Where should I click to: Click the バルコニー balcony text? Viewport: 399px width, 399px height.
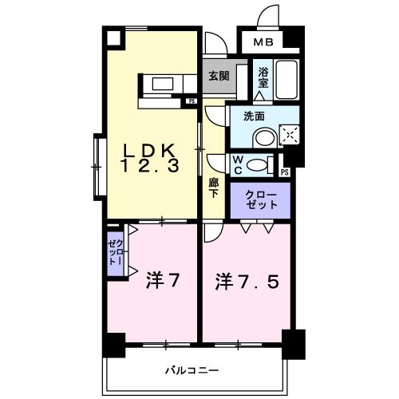click(x=192, y=369)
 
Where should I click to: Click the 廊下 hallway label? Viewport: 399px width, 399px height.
click(x=214, y=188)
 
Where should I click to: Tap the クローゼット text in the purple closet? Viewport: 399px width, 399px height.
click(x=262, y=199)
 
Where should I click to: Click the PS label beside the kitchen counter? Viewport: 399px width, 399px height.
click(x=192, y=101)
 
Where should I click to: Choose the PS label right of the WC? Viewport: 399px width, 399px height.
click(x=285, y=171)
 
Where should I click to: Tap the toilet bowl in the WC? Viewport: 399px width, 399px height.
click(x=257, y=164)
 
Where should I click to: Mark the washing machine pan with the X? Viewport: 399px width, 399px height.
click(x=287, y=135)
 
